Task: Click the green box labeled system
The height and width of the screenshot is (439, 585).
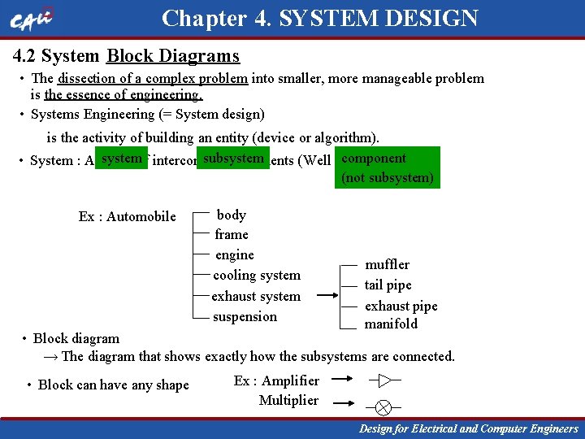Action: [x=122, y=158]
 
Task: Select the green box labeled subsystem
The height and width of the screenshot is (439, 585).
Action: [x=234, y=158]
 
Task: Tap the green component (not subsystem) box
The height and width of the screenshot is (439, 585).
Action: [x=387, y=167]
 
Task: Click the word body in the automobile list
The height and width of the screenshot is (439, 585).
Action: [x=232, y=215]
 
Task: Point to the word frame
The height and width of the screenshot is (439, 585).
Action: [x=232, y=234]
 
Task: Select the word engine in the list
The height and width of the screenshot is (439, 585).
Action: [x=235, y=254]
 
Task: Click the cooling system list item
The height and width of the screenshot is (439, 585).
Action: [x=257, y=275]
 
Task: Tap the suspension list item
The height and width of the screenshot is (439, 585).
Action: [x=245, y=316]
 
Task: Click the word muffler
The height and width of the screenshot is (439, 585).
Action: [x=388, y=264]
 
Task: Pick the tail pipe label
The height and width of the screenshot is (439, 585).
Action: [x=388, y=285]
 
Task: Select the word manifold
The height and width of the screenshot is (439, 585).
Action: [x=391, y=324]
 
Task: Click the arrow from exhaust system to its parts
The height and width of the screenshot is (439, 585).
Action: [x=328, y=296]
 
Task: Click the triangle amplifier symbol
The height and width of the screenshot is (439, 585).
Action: [x=385, y=380]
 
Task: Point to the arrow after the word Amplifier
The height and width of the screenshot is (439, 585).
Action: [x=343, y=380]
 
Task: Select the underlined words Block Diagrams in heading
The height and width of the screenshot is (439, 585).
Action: [x=173, y=56]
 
